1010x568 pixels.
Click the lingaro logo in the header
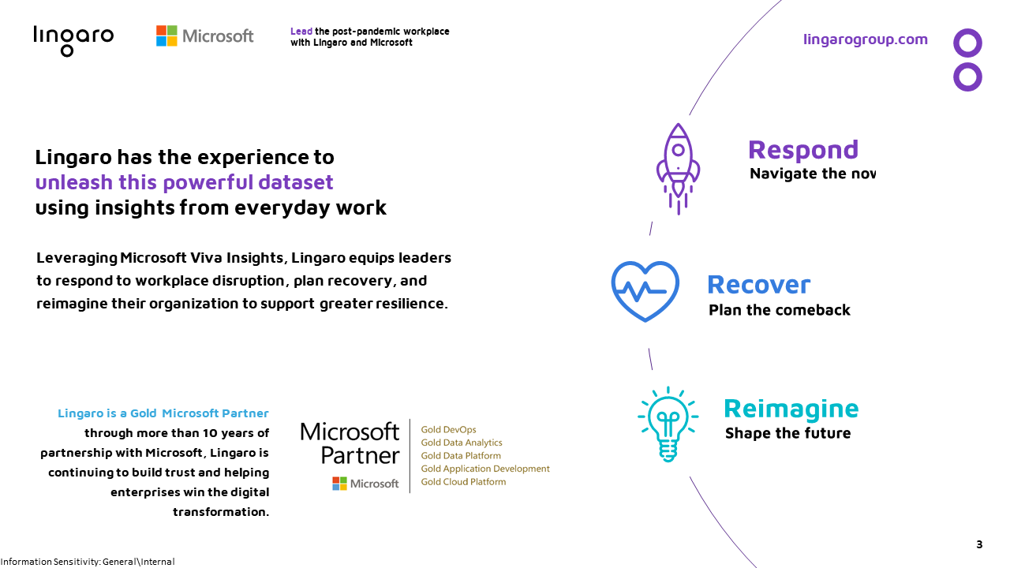point(73,41)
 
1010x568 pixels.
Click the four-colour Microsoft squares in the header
point(166,35)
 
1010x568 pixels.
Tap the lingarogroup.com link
point(866,39)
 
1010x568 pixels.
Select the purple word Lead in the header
point(301,31)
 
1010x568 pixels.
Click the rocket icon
point(678,169)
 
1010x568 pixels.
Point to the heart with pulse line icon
point(645,291)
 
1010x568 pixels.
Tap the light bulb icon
point(668,424)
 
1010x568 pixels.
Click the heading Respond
point(803,151)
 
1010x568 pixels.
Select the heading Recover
point(758,285)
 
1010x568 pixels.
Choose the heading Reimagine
point(791,409)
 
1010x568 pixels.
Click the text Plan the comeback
point(780,310)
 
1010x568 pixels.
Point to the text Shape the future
point(787,433)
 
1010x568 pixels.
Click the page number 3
point(979,544)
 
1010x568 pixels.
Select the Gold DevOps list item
point(448,430)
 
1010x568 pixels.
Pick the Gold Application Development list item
point(485,469)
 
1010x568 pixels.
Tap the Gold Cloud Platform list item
point(463,482)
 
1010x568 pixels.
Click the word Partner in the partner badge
point(361,455)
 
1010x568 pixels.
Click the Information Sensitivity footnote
point(88,562)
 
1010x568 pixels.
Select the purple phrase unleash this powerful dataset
point(184,182)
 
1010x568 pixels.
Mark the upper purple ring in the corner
point(967,43)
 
